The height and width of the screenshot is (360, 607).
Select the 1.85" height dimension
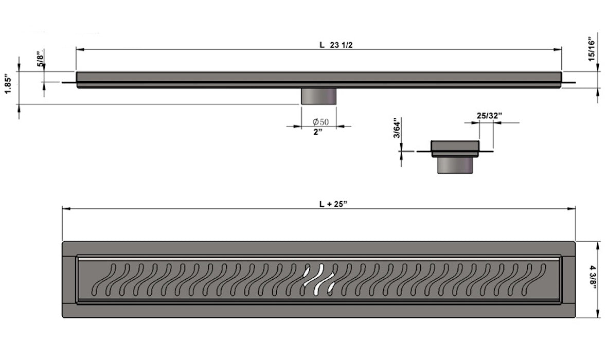[8, 83]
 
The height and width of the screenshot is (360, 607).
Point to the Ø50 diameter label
[320, 122]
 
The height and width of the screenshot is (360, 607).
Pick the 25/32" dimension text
[489, 116]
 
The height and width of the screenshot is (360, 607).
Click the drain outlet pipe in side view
[318, 96]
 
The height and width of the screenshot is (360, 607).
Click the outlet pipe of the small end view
[455, 165]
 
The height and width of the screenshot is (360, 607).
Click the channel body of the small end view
[455, 148]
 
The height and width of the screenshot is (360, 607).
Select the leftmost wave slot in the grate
[104, 279]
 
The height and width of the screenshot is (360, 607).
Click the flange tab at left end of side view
[69, 82]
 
